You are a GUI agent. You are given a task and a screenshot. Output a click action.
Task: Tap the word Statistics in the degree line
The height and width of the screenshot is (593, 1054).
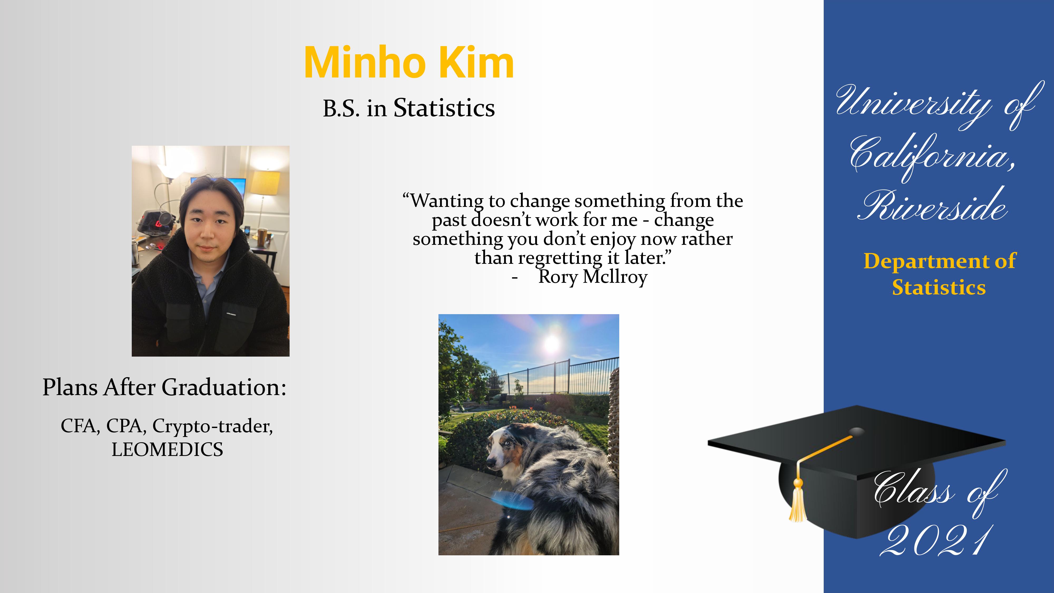pyautogui.click(x=444, y=108)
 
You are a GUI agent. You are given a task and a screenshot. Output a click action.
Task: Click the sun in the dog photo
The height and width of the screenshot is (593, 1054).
pyautogui.click(x=551, y=343)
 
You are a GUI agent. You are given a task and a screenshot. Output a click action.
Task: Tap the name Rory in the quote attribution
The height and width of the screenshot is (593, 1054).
pyautogui.click(x=557, y=277)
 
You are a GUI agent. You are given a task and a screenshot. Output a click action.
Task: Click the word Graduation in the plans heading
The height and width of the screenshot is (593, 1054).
pyautogui.click(x=224, y=387)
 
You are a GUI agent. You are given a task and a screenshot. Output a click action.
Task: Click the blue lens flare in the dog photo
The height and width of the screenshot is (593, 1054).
pyautogui.click(x=511, y=500)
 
